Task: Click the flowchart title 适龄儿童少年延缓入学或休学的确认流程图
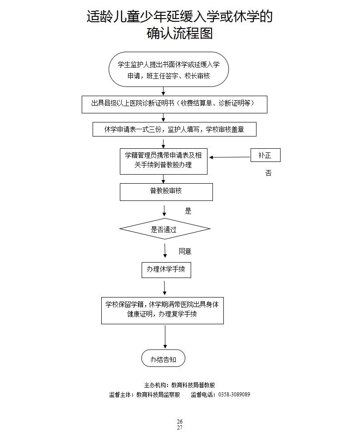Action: point(180,25)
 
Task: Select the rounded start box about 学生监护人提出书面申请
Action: point(168,69)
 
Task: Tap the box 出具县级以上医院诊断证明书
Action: point(174,104)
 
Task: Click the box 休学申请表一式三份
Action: point(174,129)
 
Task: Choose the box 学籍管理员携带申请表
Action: point(163,161)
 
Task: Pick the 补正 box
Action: point(265,155)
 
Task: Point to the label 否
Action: point(268,173)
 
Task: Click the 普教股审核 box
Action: point(166,191)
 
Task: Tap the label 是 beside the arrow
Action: point(188,211)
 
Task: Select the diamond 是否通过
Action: point(165,229)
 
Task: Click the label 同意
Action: point(185,251)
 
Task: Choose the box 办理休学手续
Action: point(166,269)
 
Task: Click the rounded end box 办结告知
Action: point(163,359)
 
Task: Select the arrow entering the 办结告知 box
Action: point(165,337)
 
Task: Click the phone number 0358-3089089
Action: point(234,395)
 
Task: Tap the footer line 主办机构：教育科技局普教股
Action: point(180,385)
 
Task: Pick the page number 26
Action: point(180,422)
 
